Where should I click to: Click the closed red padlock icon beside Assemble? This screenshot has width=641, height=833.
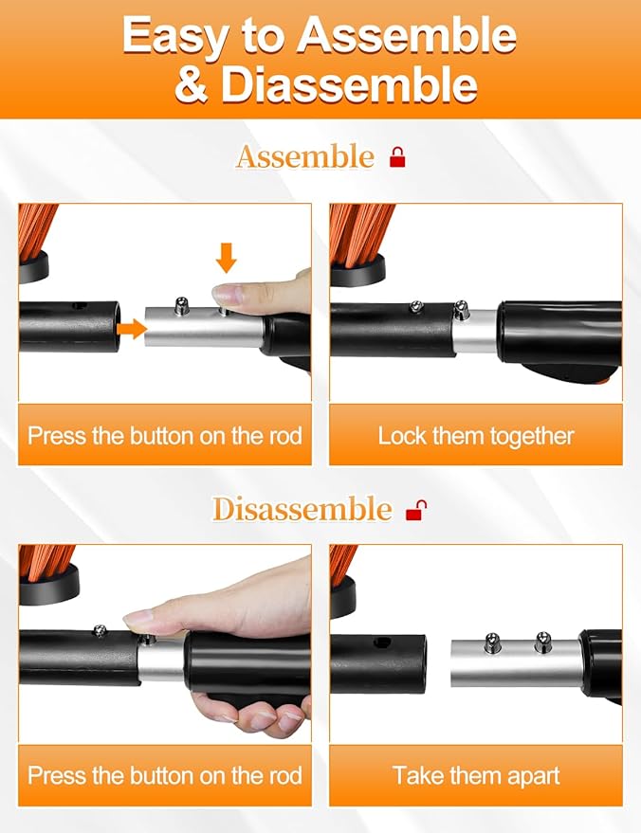[x=397, y=157]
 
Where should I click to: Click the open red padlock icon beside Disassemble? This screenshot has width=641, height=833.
[x=416, y=510]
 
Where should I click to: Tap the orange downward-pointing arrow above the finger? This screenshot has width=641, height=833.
[x=227, y=258]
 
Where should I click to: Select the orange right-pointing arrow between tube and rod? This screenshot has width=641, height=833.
[x=132, y=330]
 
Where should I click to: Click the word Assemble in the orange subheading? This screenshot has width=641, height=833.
[x=305, y=157]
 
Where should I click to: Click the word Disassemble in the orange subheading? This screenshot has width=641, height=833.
[x=302, y=509]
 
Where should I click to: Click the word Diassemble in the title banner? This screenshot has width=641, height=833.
[x=349, y=84]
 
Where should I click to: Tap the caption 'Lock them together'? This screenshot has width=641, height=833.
[x=476, y=436]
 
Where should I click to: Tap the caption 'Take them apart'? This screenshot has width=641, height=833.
[x=476, y=775]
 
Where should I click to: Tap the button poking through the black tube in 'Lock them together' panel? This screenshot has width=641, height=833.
[x=416, y=306]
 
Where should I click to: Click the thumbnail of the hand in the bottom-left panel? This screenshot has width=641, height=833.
[x=138, y=617]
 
